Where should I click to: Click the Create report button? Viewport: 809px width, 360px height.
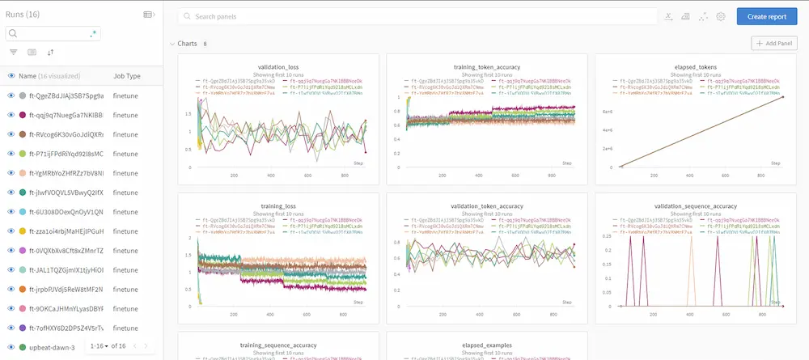766,16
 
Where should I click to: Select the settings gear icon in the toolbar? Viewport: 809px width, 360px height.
721,16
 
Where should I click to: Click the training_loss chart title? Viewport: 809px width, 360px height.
278,206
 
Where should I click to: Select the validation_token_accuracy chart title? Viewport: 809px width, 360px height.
487,206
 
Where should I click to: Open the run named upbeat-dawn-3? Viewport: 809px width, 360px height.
52,348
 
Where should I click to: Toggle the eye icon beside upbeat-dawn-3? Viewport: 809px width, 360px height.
11,348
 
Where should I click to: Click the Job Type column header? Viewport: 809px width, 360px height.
127,76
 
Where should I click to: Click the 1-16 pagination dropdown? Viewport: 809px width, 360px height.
100,345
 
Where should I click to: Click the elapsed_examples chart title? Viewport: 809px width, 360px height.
487,345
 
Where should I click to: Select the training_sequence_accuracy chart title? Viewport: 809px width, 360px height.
278,345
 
